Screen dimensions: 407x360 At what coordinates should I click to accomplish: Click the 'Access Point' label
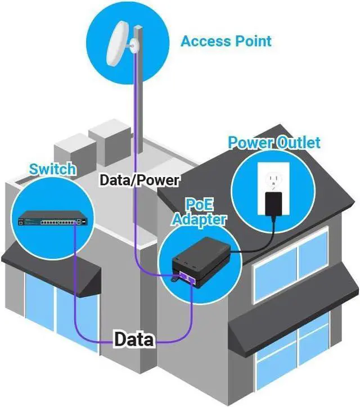pyautogui.click(x=226, y=41)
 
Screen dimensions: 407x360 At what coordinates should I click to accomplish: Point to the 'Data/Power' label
pyautogui.click(x=139, y=180)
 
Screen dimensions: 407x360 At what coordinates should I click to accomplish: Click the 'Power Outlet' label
pyautogui.click(x=274, y=142)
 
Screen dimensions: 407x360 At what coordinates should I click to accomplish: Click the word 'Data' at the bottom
pyautogui.click(x=133, y=339)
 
